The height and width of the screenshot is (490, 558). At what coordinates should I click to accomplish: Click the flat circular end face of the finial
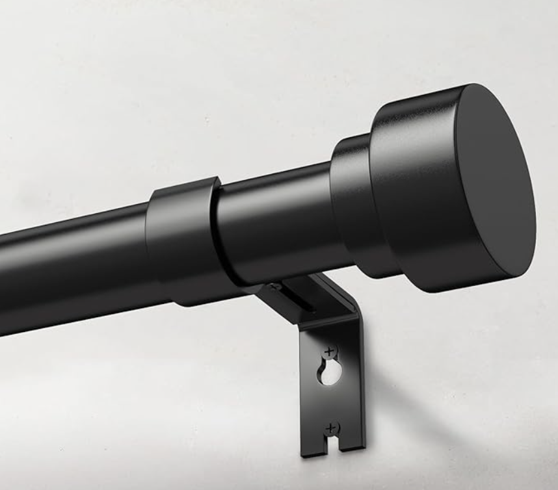[496, 188]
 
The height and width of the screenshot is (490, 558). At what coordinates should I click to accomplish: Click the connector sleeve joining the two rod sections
[182, 240]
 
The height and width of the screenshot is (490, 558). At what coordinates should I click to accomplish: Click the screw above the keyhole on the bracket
[330, 352]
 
